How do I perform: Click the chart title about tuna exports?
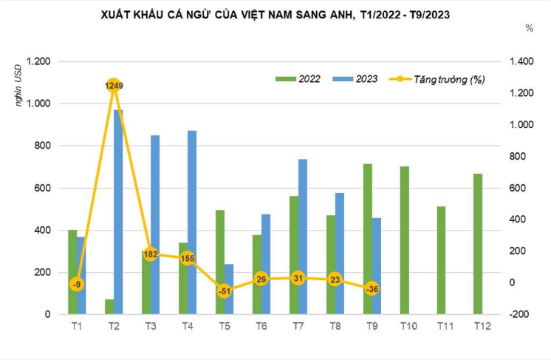tap(275, 13)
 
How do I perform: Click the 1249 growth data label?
tap(114, 86)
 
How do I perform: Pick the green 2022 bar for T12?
tap(478, 244)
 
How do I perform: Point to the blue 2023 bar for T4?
tap(192, 222)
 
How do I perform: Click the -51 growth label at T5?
tap(224, 291)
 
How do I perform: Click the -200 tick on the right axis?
tap(519, 314)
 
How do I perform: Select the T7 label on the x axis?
tap(297, 326)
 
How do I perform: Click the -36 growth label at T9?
tap(372, 289)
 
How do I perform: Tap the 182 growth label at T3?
tap(150, 254)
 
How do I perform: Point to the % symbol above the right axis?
tap(529, 28)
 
